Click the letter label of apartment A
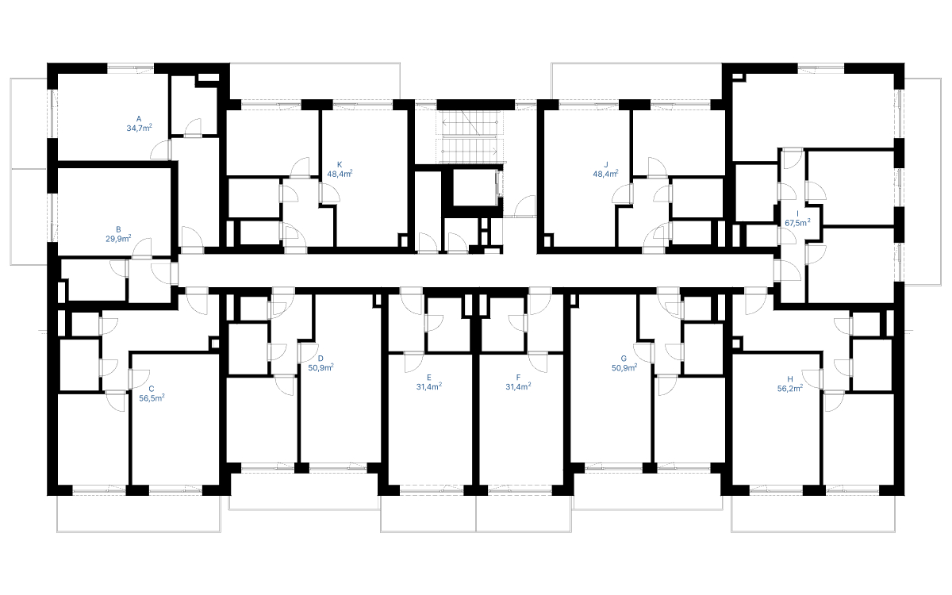(139, 119)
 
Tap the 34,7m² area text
(139, 128)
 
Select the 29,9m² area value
(118, 239)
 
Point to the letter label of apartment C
(152, 389)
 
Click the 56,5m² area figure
(152, 398)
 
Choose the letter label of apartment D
(321, 359)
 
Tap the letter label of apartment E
(429, 378)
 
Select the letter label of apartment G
(624, 359)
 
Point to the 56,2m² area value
(790, 389)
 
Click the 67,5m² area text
(797, 223)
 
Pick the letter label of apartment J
(606, 165)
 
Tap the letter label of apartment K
(340, 165)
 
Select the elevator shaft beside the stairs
(472, 188)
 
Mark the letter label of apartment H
(790, 379)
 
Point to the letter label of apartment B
(118, 230)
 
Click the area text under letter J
(605, 174)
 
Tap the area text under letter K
(340, 174)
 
